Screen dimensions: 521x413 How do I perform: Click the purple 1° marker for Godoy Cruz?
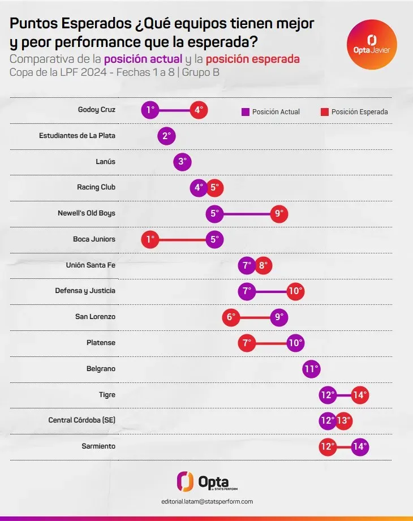coord(150,110)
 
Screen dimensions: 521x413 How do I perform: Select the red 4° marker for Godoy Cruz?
coord(199,110)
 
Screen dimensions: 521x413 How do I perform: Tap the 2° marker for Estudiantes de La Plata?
coord(166,136)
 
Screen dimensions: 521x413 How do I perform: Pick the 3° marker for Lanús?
coord(182,162)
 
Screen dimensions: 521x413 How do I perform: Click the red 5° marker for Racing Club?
coord(214,187)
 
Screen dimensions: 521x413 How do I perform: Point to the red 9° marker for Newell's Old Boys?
coord(278,213)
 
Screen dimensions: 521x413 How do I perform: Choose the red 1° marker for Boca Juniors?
coord(150,239)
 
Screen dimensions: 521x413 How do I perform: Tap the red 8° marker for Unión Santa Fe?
coord(263,265)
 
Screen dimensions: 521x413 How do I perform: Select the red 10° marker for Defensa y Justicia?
coord(295,291)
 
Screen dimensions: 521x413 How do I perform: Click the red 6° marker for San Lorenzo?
coord(231,317)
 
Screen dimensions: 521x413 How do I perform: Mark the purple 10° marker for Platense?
coord(295,343)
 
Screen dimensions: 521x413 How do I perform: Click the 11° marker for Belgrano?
coord(311,369)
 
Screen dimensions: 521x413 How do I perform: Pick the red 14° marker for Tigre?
coord(360,395)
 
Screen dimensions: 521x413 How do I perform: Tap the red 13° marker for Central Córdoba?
coord(343,421)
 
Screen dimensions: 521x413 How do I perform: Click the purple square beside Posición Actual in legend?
coord(245,112)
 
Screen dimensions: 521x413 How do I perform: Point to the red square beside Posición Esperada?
coord(324,112)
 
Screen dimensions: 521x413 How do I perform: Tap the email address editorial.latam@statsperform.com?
coord(206,502)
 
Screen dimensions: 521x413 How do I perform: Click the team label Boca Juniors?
coord(94,239)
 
